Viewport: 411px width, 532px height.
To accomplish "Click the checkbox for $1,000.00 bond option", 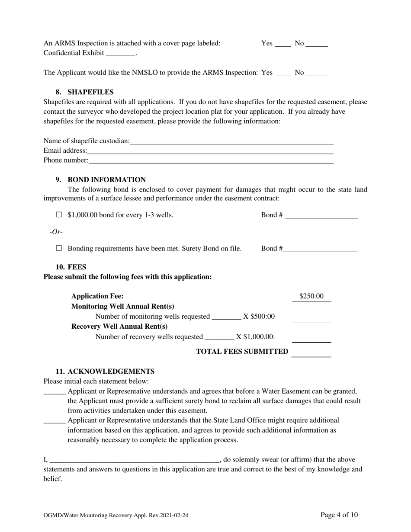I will coord(59,215).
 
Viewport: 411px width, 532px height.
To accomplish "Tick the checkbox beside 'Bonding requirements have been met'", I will coord(59,249).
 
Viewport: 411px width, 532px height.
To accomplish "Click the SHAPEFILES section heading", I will coord(90,92).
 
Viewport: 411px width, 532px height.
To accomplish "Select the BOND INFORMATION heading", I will coord(106,179).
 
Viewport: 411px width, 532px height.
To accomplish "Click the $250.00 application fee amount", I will coord(311,296).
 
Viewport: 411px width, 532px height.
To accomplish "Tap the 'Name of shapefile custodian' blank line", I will coord(231,141).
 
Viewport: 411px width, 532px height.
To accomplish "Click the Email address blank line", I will coord(210,151).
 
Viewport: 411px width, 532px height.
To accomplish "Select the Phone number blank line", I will coord(211,161).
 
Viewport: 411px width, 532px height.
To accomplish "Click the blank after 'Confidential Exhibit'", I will coord(121,53).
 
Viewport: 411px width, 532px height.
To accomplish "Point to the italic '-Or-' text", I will coord(56,232).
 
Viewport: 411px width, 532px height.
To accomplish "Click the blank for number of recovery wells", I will coord(219,337).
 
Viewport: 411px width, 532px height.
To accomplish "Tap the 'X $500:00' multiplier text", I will coord(259,317).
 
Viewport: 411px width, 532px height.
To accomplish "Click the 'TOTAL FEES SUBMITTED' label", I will coord(242,352).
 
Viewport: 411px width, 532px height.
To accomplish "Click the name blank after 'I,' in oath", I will coord(135,460).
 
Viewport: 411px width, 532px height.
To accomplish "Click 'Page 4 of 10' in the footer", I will coord(339,515).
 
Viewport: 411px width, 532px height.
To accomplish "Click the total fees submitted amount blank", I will coord(311,353).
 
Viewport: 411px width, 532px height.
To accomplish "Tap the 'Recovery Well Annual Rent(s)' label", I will coord(119,327).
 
